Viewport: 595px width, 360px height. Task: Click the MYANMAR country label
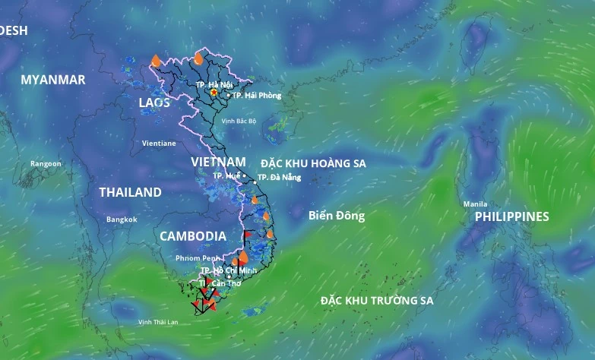coord(53,80)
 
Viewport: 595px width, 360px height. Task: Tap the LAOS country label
coord(155,103)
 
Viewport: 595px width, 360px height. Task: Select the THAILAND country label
coord(130,192)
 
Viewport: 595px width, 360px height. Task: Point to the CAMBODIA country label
coord(193,236)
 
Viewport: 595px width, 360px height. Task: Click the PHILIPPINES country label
coord(511,216)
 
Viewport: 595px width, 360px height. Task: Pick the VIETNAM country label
coord(218,162)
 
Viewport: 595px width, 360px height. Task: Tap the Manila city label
coord(475,204)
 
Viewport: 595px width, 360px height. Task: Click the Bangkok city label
coord(122,219)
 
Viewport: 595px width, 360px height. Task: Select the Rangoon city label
coord(46,163)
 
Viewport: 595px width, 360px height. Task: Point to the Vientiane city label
coord(159,143)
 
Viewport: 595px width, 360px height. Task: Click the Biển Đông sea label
coord(337,216)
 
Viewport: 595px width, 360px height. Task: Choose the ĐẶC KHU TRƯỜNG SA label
coord(377,301)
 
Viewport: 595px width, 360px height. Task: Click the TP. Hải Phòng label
coord(257,96)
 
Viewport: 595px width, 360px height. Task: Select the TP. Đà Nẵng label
coord(280,177)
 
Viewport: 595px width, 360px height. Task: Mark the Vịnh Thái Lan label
coord(158,322)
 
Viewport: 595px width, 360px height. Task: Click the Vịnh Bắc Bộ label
coord(239,121)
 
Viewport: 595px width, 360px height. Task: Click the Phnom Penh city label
coord(198,258)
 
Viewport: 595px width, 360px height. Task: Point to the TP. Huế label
coord(226,175)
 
